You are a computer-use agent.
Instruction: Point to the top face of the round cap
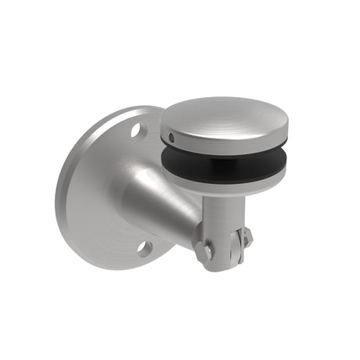click(223, 115)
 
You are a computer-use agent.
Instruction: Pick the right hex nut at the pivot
click(246, 237)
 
